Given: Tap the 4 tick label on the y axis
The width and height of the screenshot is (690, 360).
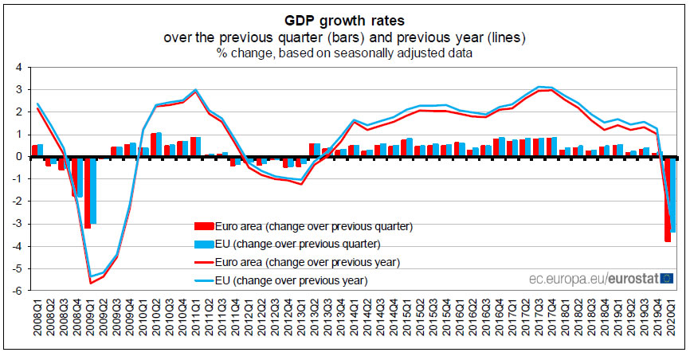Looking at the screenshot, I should [x=19, y=67].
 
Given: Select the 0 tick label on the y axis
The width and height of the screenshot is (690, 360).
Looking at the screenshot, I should [x=19, y=157].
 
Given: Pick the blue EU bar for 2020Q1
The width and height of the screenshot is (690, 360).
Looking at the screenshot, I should [x=674, y=194].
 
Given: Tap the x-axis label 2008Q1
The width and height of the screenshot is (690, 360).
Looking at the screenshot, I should [x=36, y=319].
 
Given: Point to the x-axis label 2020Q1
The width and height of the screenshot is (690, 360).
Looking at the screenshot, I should [x=671, y=319].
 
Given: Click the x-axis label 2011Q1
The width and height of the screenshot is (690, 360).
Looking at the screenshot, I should [x=195, y=319].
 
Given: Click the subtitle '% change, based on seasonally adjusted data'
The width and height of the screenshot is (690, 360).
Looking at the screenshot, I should [x=344, y=53].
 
